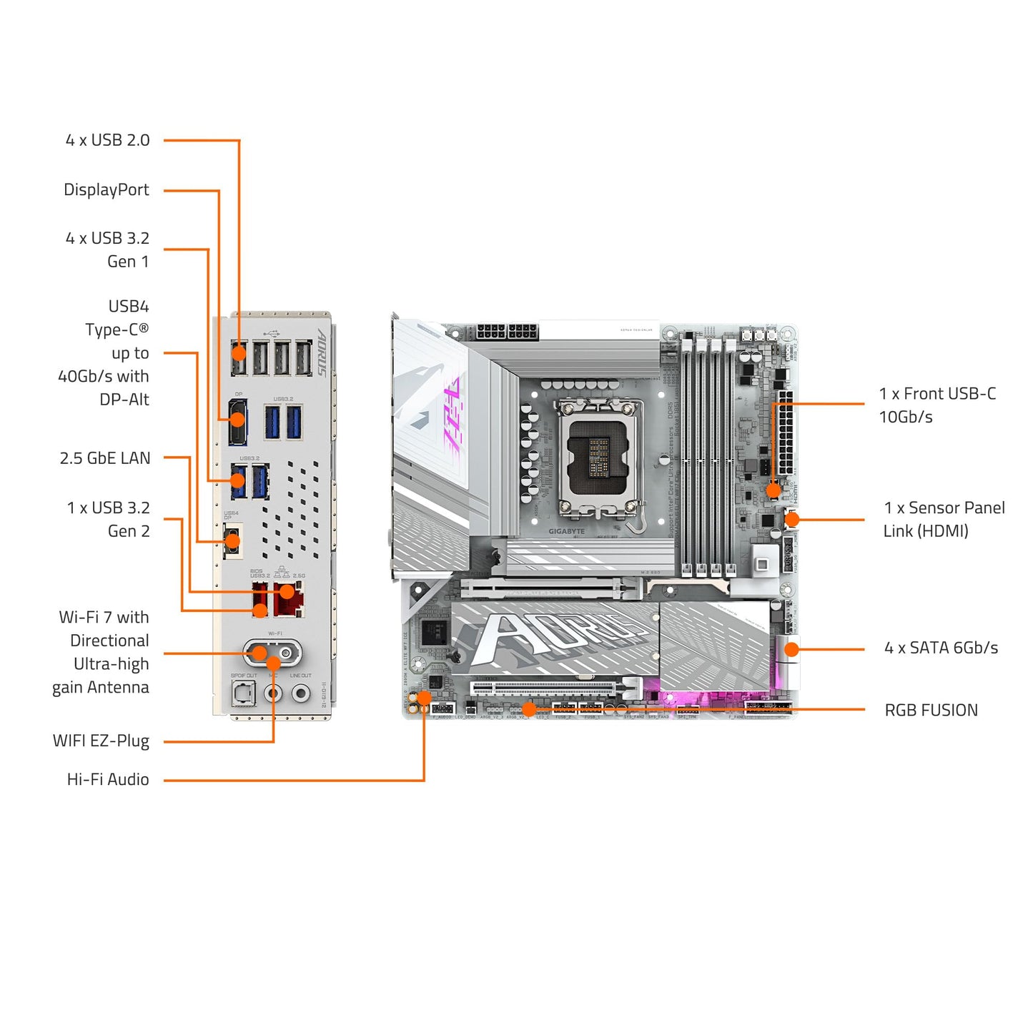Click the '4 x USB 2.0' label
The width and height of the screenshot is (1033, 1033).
click(x=107, y=140)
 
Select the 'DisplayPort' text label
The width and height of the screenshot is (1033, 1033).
click(x=107, y=190)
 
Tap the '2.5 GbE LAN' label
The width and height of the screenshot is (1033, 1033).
click(x=105, y=458)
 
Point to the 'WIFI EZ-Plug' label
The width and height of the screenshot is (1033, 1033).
click(x=101, y=741)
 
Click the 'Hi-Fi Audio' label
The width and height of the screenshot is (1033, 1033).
click(x=108, y=779)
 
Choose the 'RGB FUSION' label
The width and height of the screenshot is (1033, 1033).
click(x=931, y=710)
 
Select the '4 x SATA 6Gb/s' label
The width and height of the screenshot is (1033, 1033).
click(x=941, y=648)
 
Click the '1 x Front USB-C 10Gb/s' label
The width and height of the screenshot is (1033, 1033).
click(x=936, y=405)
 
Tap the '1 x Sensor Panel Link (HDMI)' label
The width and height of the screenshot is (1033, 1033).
click(x=944, y=519)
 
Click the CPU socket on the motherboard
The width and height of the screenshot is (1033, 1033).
click(x=600, y=457)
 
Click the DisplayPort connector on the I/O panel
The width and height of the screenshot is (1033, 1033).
click(x=238, y=422)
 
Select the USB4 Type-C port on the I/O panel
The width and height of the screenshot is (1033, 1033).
click(x=232, y=540)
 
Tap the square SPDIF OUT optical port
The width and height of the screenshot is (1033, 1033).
click(x=243, y=692)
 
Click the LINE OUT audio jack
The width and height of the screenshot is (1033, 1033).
click(x=301, y=693)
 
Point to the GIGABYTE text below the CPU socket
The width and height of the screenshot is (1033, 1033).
click(x=566, y=531)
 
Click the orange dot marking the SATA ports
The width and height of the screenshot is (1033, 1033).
click(x=791, y=649)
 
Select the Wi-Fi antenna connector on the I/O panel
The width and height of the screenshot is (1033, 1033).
click(x=273, y=653)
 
